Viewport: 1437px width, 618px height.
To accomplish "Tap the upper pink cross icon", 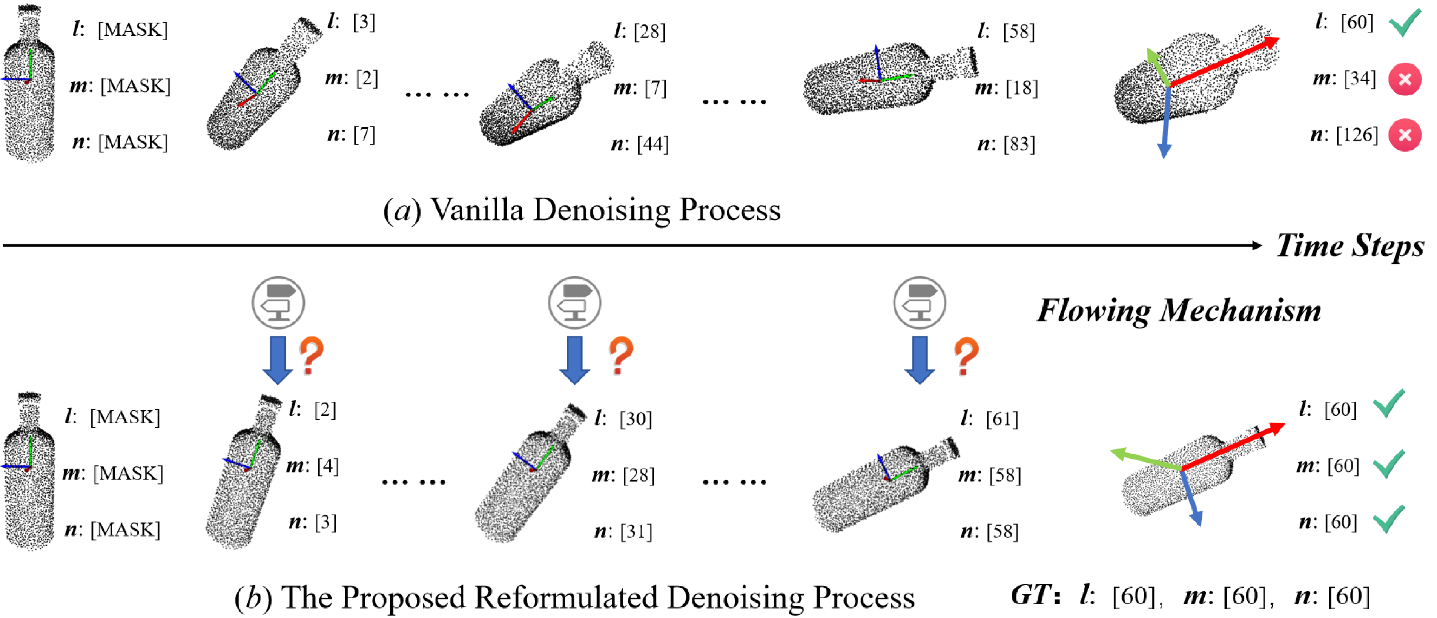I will click(1404, 79).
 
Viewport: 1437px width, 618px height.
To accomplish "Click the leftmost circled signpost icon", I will click(278, 303).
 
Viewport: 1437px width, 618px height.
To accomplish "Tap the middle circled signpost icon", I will click(575, 303).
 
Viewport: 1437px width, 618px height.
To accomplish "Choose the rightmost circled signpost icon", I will click(919, 303).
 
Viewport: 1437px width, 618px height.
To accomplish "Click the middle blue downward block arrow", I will click(575, 360).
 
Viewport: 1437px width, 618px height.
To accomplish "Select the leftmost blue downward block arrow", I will click(278, 360).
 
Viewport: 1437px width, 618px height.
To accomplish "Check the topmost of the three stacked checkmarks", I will click(1388, 403).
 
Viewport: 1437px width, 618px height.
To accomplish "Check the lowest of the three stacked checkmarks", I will click(1388, 519).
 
